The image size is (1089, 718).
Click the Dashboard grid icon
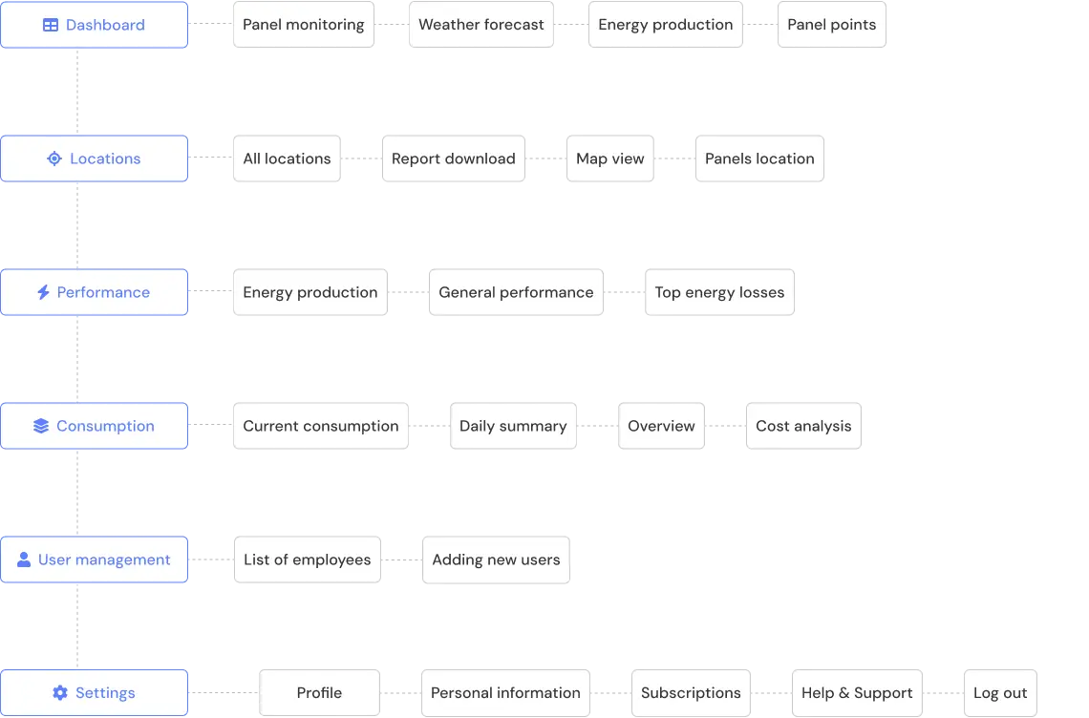click(51, 25)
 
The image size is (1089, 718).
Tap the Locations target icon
click(54, 158)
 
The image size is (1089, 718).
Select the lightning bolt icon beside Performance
click(43, 292)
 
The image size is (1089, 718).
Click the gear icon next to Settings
click(60, 693)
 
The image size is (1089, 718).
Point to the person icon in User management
click(24, 560)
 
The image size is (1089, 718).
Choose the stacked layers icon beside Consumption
click(40, 426)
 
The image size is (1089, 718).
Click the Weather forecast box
click(480, 25)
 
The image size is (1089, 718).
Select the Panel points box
click(831, 25)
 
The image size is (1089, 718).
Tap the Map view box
click(609, 158)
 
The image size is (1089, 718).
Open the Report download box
click(453, 158)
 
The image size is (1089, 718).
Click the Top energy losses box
click(718, 292)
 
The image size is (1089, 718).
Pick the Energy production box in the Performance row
click(310, 292)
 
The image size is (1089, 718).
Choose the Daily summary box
click(513, 426)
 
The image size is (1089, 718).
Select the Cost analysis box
click(802, 426)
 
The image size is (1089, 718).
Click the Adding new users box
click(496, 560)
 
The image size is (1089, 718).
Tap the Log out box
click(1000, 693)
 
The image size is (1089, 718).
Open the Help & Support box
click(856, 693)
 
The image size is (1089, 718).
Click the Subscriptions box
click(690, 693)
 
